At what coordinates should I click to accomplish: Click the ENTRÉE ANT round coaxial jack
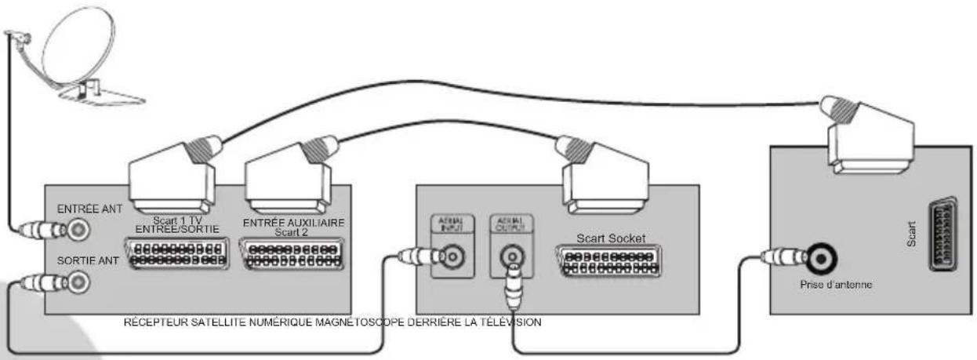(78, 230)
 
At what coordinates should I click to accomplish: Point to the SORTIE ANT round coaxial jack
(78, 280)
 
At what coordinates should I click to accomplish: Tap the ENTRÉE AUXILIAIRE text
(293, 224)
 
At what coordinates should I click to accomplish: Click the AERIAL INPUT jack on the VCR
(451, 256)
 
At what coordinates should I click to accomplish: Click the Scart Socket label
(608, 237)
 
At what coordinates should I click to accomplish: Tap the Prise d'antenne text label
(834, 285)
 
